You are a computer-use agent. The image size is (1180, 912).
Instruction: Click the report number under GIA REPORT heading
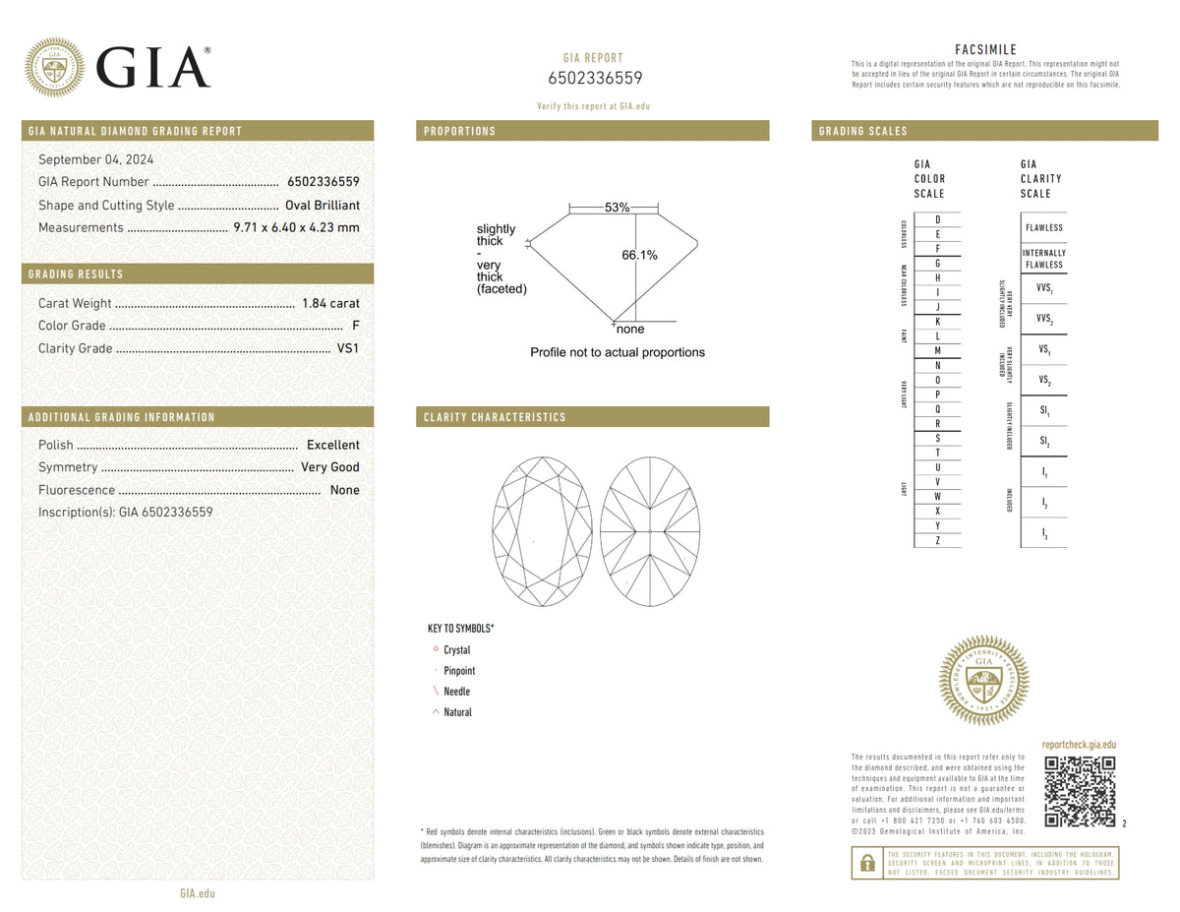pos(594,79)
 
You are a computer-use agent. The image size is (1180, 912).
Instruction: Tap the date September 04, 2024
pos(96,159)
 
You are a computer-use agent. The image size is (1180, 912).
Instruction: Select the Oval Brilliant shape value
pos(322,206)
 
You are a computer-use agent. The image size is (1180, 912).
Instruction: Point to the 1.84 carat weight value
pos(330,303)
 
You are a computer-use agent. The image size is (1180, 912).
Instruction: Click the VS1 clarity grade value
pos(348,348)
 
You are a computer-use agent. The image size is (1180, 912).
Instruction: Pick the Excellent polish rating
pos(332,445)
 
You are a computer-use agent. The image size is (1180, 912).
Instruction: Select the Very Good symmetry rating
pos(330,467)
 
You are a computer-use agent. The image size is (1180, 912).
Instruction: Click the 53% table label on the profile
pos(617,208)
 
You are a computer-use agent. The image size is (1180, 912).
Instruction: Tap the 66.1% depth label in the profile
pos(639,256)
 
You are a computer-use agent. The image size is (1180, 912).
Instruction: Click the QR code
pos(1080,791)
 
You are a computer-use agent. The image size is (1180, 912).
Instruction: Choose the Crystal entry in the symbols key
pos(456,650)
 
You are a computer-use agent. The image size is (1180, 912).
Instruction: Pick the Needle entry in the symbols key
pos(456,692)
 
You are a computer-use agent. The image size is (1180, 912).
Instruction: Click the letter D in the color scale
pos(937,219)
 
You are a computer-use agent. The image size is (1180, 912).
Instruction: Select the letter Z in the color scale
pos(937,540)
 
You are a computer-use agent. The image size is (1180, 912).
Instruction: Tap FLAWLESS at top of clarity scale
pos(1043,227)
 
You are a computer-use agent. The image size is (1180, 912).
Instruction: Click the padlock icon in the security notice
pos(866,863)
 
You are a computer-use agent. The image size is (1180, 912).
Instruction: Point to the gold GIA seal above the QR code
pos(983,681)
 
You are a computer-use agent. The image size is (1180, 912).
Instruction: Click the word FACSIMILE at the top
pos(985,50)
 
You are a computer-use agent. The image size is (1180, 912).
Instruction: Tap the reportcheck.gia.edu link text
pos(1079,746)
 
